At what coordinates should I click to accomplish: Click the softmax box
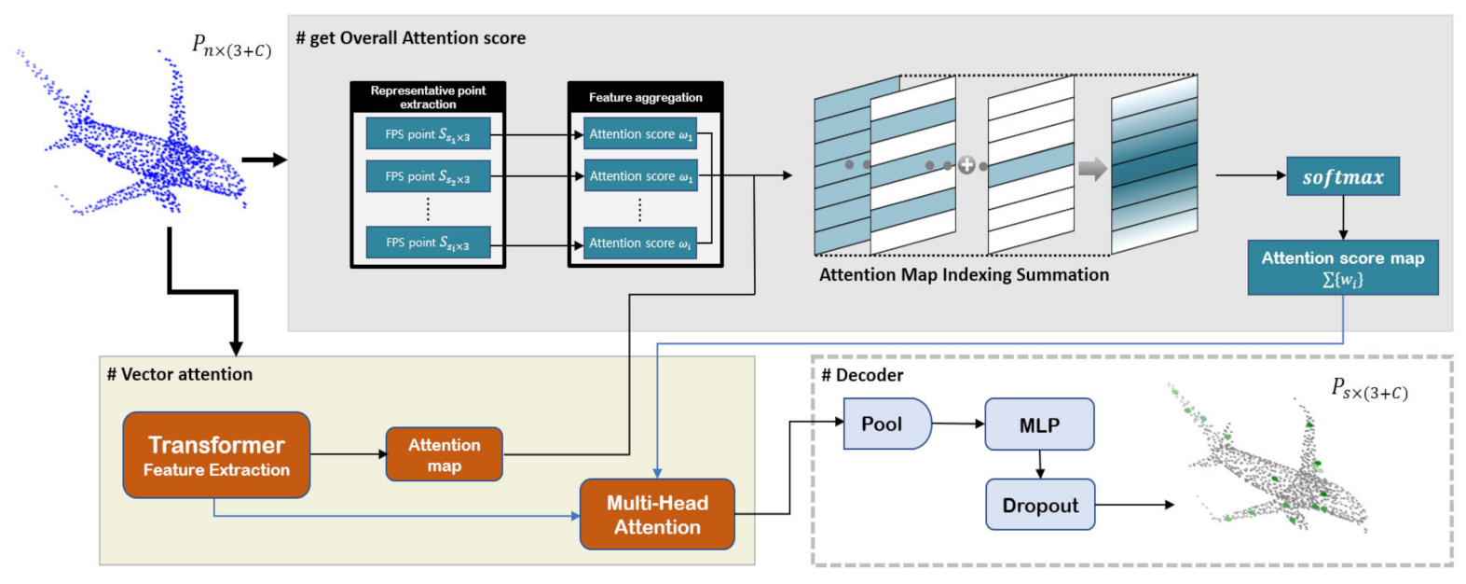[x=1342, y=176]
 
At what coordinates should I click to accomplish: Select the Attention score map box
[x=1342, y=268]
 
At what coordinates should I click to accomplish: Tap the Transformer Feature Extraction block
[x=216, y=455]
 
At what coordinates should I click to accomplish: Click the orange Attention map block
[x=444, y=454]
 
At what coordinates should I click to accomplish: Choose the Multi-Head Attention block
[x=657, y=514]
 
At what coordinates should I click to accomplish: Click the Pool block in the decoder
[x=885, y=424]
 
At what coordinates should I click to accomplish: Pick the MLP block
[x=1039, y=424]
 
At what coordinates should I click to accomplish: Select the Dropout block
[x=1040, y=505]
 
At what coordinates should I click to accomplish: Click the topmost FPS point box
[x=428, y=134]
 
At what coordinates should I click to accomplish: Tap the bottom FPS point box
[x=428, y=243]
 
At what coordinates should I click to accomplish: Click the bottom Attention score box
[x=640, y=243]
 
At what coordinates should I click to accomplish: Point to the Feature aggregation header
[x=645, y=97]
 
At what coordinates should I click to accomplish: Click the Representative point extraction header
[x=428, y=97]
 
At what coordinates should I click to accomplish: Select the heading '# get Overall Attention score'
[x=411, y=38]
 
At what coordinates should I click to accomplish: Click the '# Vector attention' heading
[x=180, y=374]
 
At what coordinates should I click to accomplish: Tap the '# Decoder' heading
[x=862, y=375]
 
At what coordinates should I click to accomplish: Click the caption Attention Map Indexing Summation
[x=964, y=274]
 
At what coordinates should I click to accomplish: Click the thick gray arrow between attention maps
[x=1092, y=168]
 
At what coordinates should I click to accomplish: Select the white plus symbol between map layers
[x=966, y=165]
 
